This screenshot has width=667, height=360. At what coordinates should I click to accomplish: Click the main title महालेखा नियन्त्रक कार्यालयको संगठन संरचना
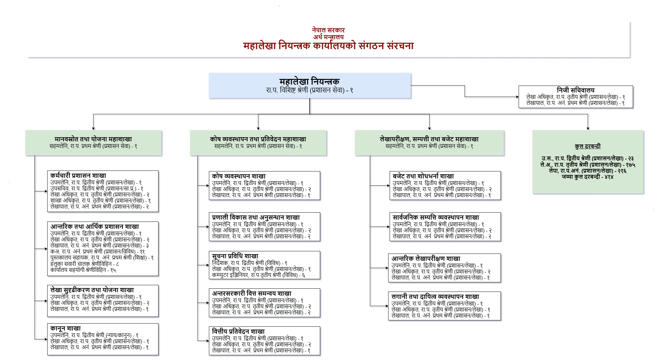pyautogui.click(x=328, y=46)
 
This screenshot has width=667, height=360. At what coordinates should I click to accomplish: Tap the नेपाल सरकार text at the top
pyautogui.click(x=328, y=30)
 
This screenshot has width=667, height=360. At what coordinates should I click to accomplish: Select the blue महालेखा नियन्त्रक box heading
pyautogui.click(x=309, y=81)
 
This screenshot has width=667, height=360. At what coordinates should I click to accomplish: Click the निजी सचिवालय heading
pyautogui.click(x=575, y=90)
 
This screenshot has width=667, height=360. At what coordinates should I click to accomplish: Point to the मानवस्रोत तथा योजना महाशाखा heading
pyautogui.click(x=93, y=139)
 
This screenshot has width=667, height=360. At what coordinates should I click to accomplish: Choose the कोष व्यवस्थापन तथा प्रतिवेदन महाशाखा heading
pyautogui.click(x=258, y=139)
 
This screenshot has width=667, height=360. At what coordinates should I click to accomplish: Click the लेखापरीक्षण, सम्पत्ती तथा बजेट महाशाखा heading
pyautogui.click(x=429, y=139)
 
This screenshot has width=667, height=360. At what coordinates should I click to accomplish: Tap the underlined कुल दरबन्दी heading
pyautogui.click(x=587, y=146)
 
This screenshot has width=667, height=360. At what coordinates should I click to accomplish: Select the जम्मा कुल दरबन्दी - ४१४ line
pyautogui.click(x=587, y=177)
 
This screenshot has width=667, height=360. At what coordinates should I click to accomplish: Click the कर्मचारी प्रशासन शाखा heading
pyautogui.click(x=78, y=176)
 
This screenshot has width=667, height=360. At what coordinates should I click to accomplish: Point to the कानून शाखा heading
pyautogui.click(x=66, y=328)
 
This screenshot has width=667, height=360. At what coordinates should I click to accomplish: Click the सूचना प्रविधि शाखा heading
pyautogui.click(x=235, y=256)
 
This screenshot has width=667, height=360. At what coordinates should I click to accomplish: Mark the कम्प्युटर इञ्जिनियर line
pyautogui.click(x=258, y=275)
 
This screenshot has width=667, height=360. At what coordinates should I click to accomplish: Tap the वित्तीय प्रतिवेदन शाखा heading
pyautogui.click(x=238, y=331)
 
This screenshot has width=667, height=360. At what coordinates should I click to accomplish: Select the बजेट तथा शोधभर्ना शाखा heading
pyautogui.click(x=423, y=176)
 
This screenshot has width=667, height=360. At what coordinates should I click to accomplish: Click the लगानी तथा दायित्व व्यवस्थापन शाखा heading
pyautogui.click(x=435, y=297)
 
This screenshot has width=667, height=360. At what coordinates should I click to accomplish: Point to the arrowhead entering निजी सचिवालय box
pyautogui.click(x=517, y=97)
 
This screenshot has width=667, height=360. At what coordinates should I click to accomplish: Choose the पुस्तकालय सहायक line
pyautogui.click(x=102, y=258)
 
